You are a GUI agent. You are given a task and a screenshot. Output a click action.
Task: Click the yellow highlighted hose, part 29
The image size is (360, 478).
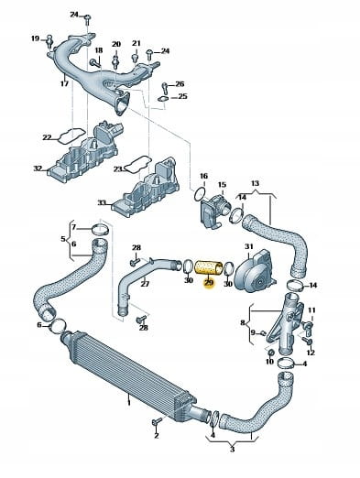(x=209, y=267)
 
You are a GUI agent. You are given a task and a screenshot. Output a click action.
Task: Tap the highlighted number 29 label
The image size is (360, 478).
(x=209, y=283)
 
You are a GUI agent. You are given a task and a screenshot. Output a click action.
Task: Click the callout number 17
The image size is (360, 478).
(x=64, y=83)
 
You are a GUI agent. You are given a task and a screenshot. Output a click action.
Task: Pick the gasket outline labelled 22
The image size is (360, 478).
(x=71, y=136)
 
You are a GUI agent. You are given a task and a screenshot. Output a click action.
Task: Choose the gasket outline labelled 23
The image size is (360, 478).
(x=138, y=164)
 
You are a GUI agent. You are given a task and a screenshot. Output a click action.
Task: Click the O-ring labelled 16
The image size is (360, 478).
(x=199, y=195)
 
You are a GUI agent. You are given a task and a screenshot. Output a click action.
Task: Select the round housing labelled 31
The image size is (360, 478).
(x=255, y=269)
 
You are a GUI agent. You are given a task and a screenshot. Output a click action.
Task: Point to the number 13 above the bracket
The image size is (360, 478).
(x=255, y=183)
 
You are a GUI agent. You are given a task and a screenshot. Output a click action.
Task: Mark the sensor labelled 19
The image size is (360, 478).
(x=49, y=42)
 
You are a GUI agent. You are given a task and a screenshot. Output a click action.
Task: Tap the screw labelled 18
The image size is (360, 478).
(x=96, y=63)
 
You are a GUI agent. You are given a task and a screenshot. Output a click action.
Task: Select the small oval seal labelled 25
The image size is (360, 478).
(x=163, y=99)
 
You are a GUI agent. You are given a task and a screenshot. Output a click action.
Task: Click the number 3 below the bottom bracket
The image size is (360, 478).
(x=232, y=450)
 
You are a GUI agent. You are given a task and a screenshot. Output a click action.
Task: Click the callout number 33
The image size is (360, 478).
(x=102, y=202)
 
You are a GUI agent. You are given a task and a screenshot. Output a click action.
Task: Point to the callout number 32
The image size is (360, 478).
(x=38, y=168)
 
